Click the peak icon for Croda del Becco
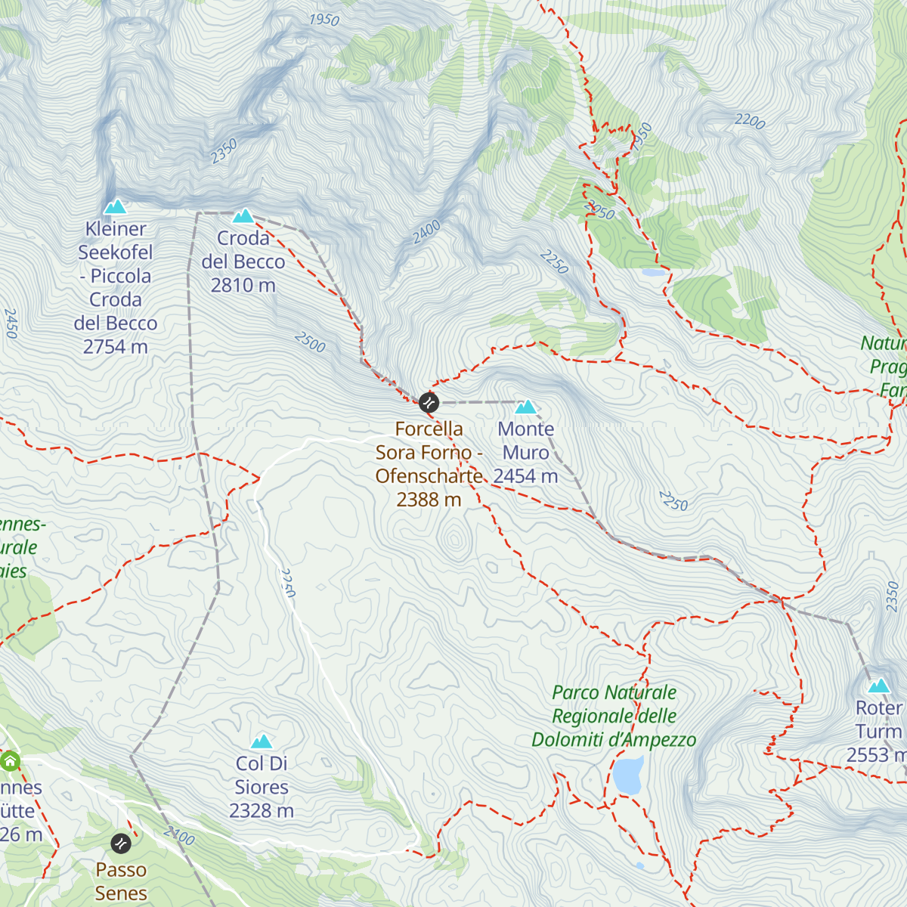[243, 216]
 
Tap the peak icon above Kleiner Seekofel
[115, 206]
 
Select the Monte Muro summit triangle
[525, 407]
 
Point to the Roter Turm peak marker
[878, 686]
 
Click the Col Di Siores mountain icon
[262, 741]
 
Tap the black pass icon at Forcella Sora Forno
[429, 402]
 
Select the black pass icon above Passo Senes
[121, 843]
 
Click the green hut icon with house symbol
[10, 760]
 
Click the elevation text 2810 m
[243, 286]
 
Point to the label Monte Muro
[526, 441]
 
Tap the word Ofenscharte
[429, 476]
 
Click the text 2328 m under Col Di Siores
[262, 811]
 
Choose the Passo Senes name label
[121, 881]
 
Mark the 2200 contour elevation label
[750, 120]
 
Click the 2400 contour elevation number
[426, 232]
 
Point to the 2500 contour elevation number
[310, 342]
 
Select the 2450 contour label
[11, 323]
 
